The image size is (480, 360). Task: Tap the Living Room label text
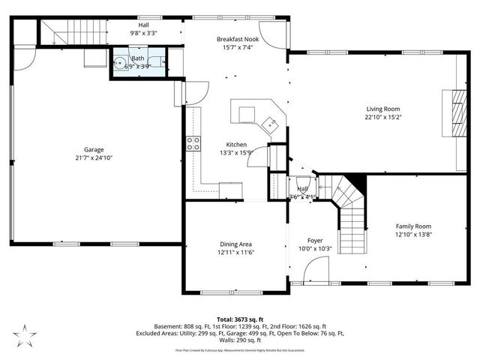382,108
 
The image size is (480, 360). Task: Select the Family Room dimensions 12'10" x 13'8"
414,235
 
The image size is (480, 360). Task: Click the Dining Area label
235,244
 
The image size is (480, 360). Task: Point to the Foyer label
314,240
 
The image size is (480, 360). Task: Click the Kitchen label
237,144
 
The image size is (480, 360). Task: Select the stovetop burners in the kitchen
193,142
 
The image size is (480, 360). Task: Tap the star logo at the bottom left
25,334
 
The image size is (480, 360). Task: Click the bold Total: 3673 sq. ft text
240,319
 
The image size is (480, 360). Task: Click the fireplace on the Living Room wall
454,112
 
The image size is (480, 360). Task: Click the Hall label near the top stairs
143,24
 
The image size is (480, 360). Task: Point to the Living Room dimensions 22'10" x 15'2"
382,117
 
